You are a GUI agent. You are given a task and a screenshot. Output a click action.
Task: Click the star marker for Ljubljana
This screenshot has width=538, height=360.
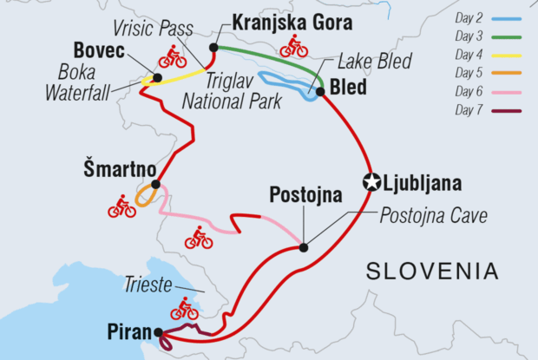click(x=372, y=182)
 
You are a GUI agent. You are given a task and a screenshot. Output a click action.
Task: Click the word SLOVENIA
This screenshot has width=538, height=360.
click(x=432, y=271)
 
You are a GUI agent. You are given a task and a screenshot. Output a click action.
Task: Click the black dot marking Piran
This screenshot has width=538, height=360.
click(x=158, y=331)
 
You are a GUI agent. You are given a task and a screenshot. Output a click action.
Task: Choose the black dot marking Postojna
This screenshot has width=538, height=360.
click(x=303, y=247)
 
